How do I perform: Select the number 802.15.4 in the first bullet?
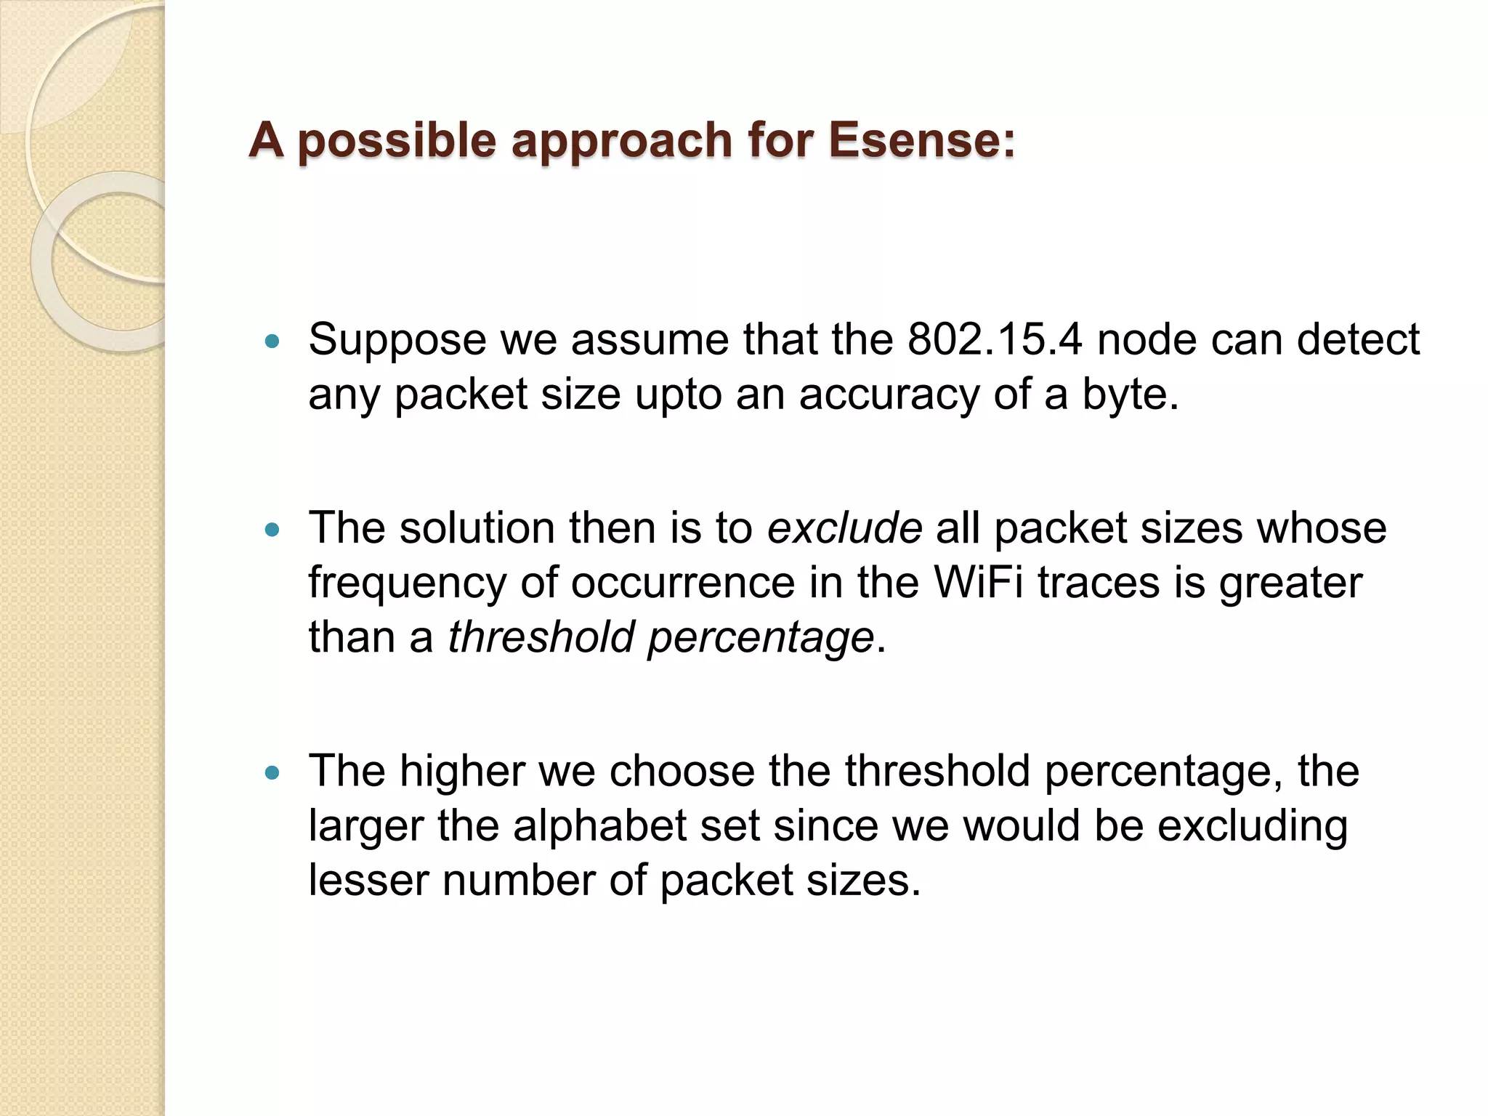coord(995,339)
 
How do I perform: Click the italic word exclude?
coord(844,527)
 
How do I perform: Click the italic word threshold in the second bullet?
coord(541,637)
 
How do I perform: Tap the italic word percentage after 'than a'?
coord(761,639)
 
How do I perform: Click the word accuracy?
coord(889,396)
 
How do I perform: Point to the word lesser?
coord(368,881)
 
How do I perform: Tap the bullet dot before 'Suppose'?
coord(272,340)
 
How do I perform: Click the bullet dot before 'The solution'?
coord(272,530)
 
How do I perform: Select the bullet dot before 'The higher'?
coord(272,773)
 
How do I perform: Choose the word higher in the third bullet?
coord(462,772)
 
